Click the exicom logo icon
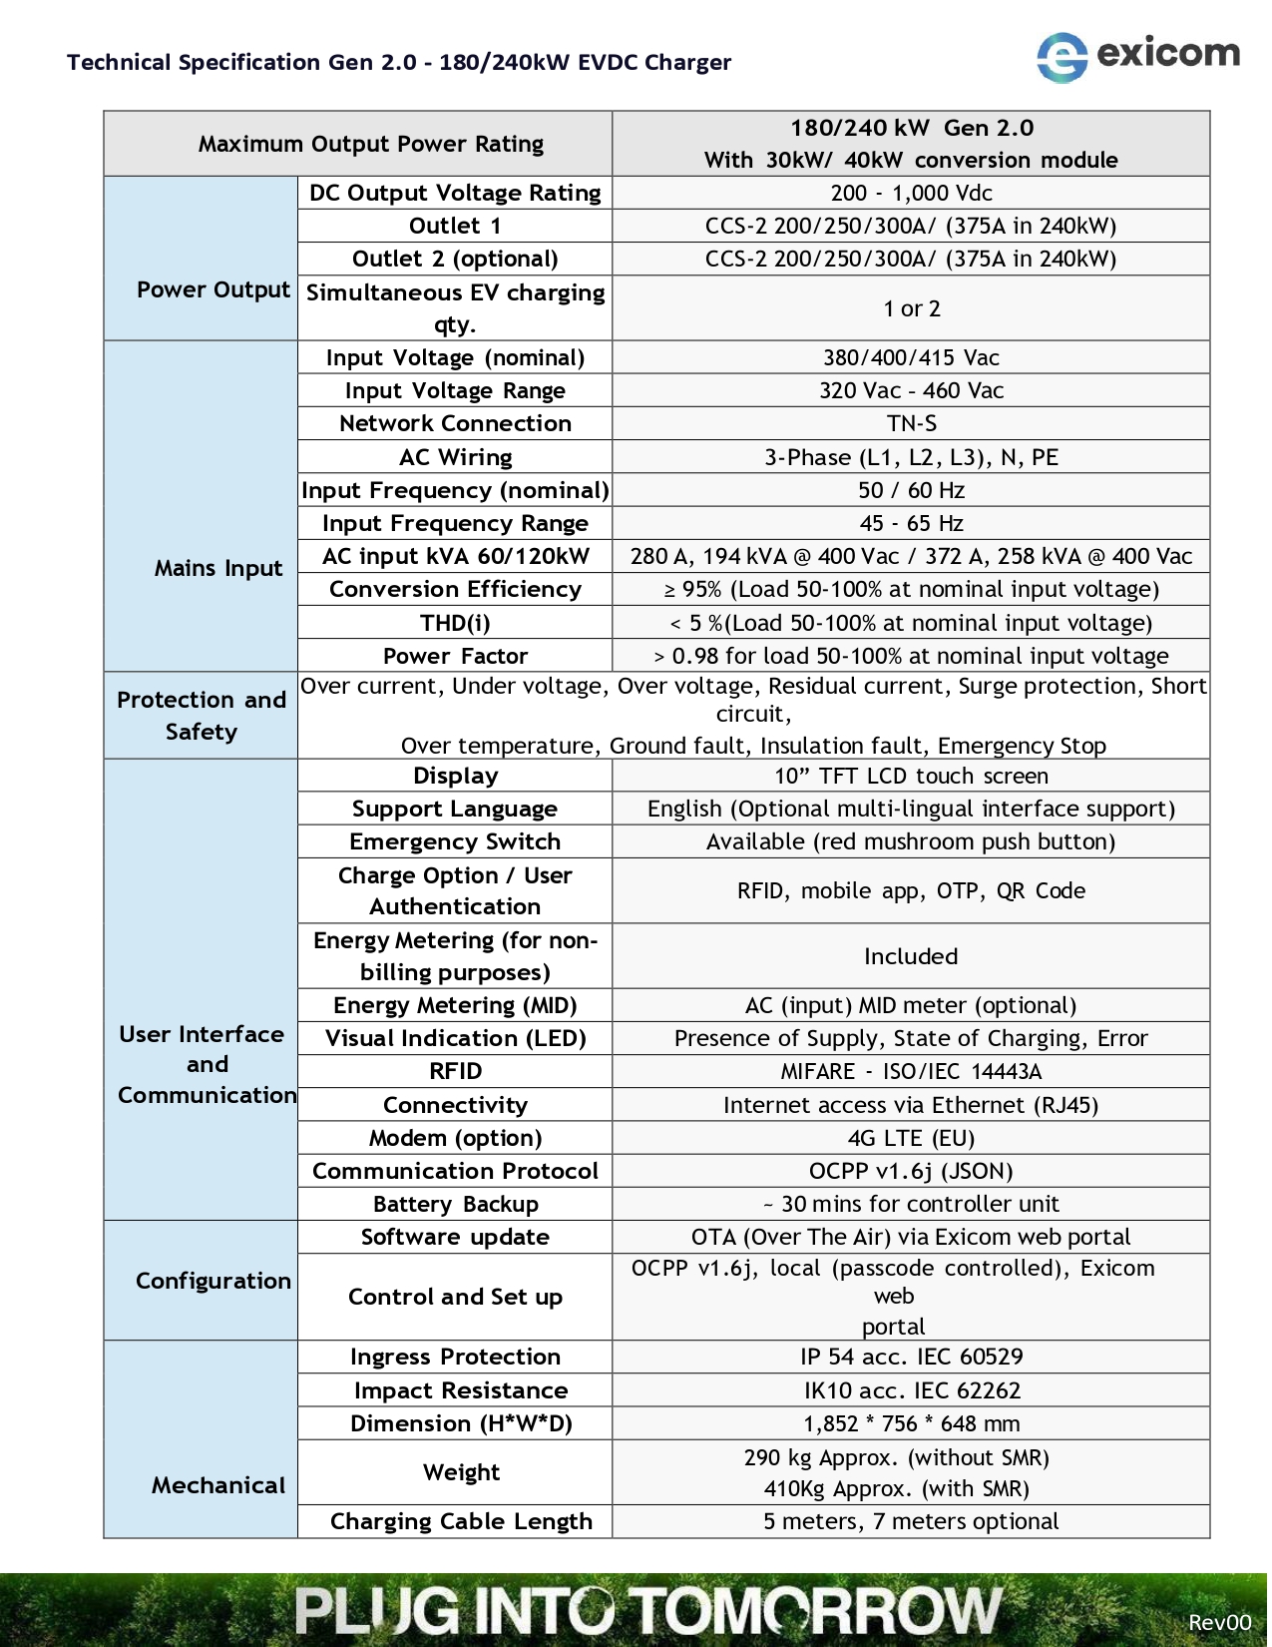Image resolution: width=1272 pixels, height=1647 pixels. pos(1061,57)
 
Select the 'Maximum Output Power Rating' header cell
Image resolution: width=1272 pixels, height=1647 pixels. pos(370,144)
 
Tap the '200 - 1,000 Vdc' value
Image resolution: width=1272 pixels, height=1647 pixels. pos(911,193)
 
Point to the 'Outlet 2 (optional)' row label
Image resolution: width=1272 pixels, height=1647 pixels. pos(454,259)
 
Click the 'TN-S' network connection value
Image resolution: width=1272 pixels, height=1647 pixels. pos(911,423)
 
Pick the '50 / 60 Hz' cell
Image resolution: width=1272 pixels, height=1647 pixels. pos(911,490)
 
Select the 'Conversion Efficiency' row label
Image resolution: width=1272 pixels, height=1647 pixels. pos(454,589)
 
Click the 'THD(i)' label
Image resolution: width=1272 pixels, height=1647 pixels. pos(454,623)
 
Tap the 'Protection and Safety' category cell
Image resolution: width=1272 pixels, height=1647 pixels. pos(201,716)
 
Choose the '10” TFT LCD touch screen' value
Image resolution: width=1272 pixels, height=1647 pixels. pos(911,776)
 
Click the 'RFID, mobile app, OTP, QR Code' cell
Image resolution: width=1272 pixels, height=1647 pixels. pos(911,890)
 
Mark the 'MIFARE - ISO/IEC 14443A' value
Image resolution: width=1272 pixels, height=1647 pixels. pos(911,1071)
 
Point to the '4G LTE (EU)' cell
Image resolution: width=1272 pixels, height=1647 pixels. pos(911,1138)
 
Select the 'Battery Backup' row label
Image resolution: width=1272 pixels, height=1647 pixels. pos(454,1204)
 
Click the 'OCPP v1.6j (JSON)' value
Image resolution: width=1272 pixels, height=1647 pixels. pos(911,1171)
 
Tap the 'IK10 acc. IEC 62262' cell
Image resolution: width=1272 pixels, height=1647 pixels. pos(911,1390)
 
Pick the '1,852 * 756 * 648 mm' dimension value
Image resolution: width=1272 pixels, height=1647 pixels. pos(911,1423)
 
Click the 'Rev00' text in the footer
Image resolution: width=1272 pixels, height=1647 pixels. pos(1218,1622)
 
